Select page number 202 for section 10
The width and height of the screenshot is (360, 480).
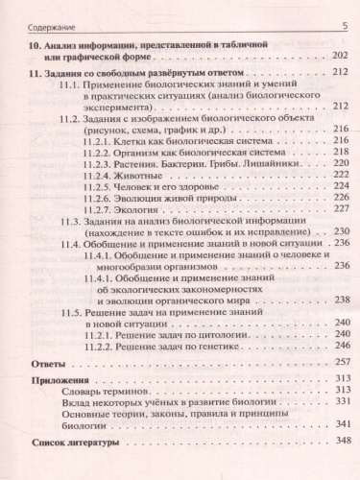click(337, 58)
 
